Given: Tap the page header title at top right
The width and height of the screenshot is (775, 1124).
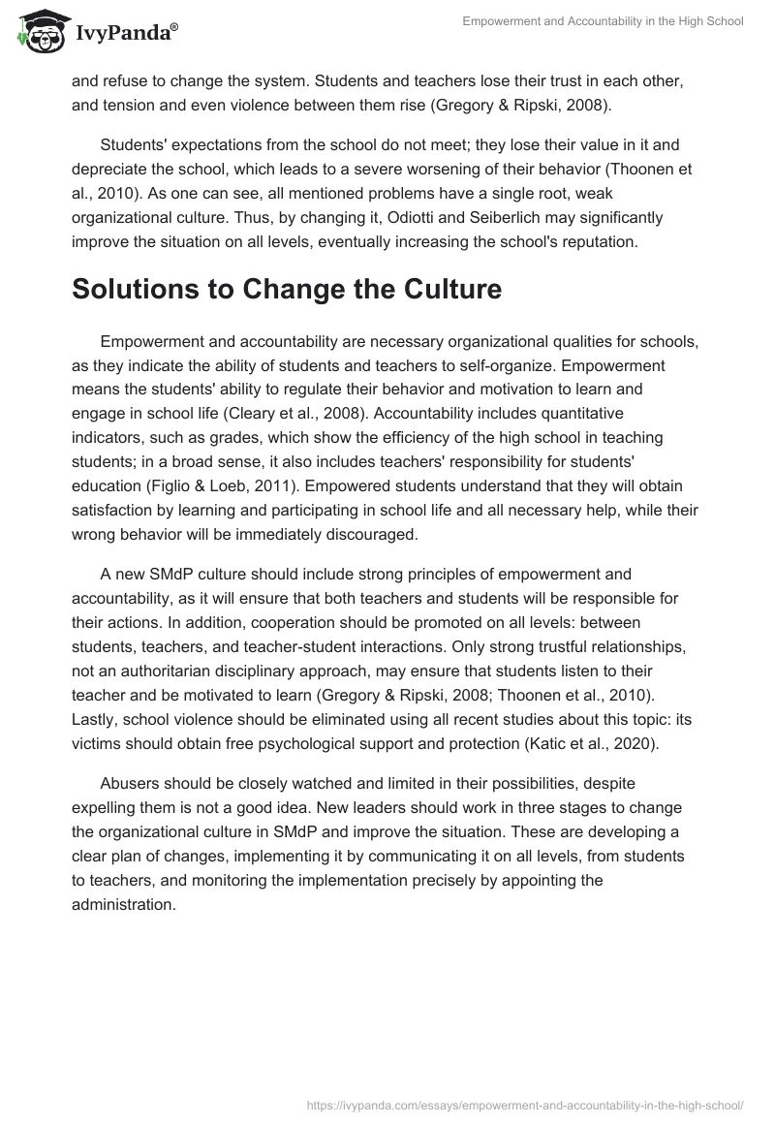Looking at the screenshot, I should coord(602,20).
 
